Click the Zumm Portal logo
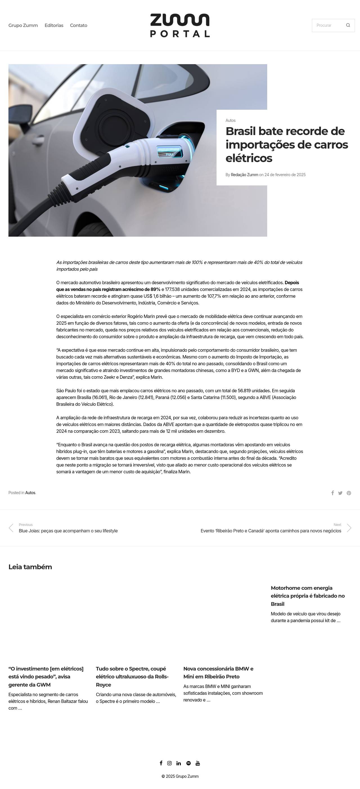coord(180,25)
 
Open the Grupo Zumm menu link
coord(23,25)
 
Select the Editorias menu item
coord(54,25)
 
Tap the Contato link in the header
coord(78,25)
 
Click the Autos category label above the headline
coord(230,120)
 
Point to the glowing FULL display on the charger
coord(169,151)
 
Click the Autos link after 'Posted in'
coord(30,493)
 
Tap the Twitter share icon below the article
coord(340,493)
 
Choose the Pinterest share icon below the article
coord(349,493)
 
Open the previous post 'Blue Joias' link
coord(68,531)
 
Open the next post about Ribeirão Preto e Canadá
coord(271,531)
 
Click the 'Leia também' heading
coord(30,567)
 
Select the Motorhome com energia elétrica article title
coord(308,596)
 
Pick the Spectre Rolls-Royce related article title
coord(132,676)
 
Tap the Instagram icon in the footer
coord(169,763)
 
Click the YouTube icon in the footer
coord(198,763)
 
